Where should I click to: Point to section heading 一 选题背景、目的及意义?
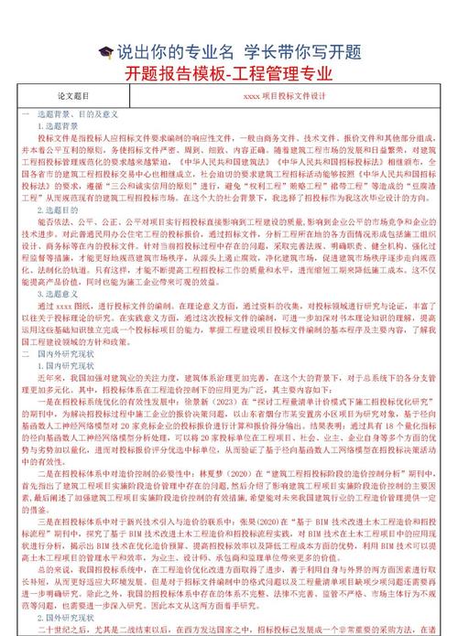click(x=72, y=111)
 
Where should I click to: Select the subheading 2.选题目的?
click(x=57, y=210)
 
